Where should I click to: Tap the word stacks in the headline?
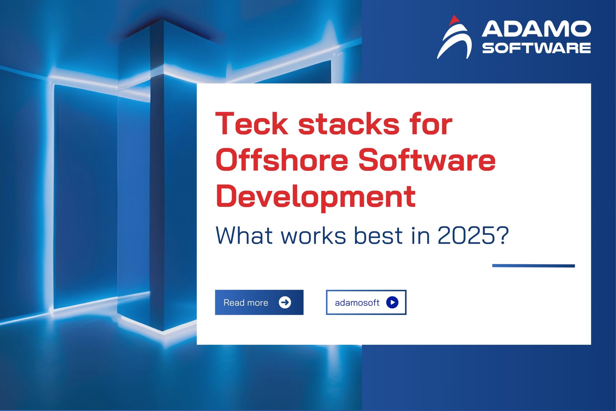349,125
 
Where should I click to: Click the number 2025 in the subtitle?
466,235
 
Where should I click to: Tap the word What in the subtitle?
244,235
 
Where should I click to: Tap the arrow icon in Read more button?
285,302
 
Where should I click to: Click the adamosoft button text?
357,303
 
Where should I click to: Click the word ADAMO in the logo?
536,29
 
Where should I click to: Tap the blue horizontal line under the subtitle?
533,266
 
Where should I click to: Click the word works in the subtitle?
313,235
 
